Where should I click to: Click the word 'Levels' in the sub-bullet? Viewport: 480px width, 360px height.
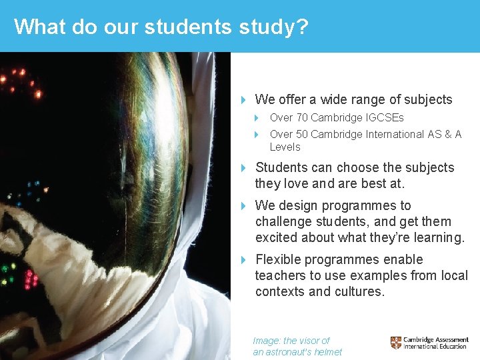[285, 147]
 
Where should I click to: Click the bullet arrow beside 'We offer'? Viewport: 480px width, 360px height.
[244, 100]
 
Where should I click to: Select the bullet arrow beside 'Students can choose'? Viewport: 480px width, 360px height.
[244, 168]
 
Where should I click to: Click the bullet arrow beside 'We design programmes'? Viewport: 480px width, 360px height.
[244, 206]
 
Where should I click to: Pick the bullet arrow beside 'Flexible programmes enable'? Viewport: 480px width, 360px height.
[244, 260]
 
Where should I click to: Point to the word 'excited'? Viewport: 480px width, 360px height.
[277, 238]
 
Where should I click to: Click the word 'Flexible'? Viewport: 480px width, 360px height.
[280, 260]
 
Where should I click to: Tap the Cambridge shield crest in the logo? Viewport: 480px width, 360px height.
[396, 343]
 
